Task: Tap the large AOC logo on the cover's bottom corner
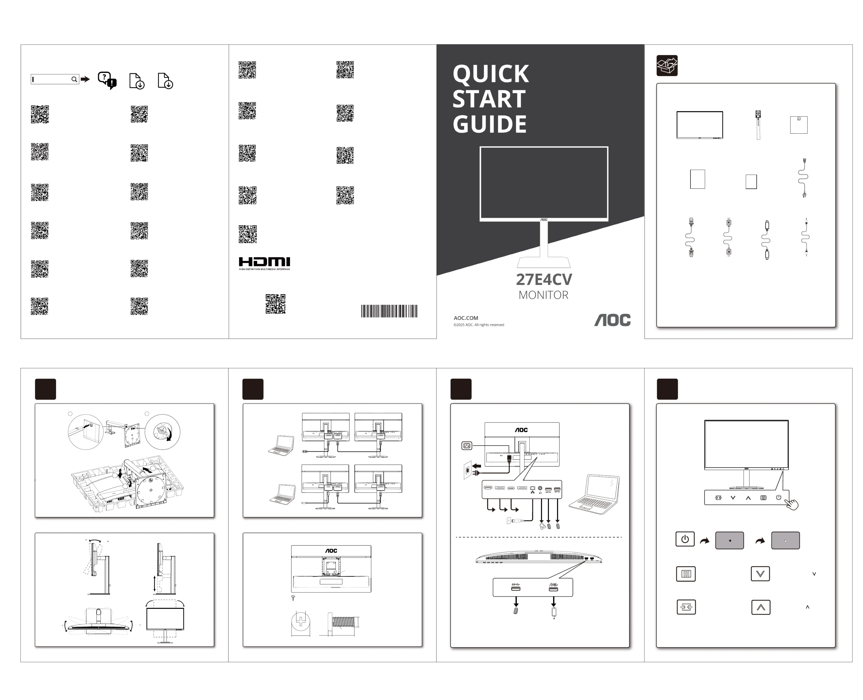(612, 320)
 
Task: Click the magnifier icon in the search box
(74, 79)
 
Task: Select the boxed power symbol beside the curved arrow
(685, 539)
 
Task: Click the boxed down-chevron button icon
(760, 574)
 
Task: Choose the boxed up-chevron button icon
(761, 607)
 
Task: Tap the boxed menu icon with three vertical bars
(686, 574)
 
